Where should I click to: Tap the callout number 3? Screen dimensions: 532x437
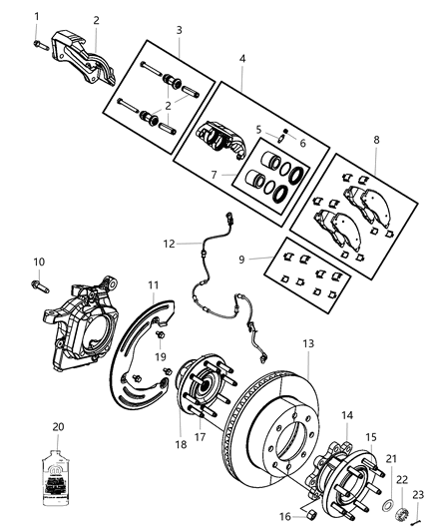click(x=179, y=31)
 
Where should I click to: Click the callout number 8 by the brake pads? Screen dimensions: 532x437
click(x=375, y=142)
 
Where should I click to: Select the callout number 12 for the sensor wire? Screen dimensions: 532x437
click(x=169, y=243)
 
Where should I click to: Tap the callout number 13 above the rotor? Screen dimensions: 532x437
click(x=308, y=343)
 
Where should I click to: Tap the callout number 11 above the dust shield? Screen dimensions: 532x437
click(x=154, y=285)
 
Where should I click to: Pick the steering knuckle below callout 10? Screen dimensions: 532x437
click(x=81, y=319)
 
